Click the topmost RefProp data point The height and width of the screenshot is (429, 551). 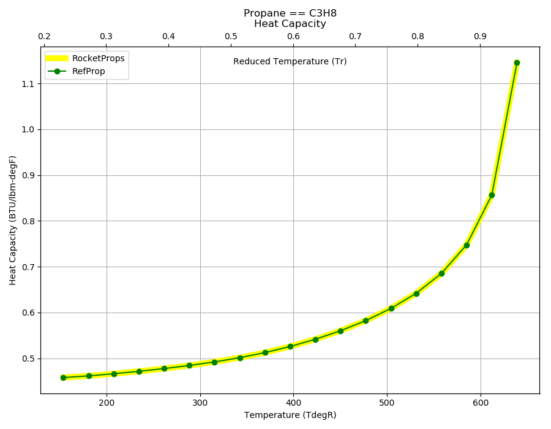517,63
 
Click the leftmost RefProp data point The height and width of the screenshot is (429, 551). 63,378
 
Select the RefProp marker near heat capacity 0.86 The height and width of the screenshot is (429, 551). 492,195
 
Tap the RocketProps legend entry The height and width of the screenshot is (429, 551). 85,58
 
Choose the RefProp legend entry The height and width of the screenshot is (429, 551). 76,71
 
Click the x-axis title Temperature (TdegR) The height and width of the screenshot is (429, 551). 290,416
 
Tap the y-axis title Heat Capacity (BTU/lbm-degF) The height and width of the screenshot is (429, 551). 13,221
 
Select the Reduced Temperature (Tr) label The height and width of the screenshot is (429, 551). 290,61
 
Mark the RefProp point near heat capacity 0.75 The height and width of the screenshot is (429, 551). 467,245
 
